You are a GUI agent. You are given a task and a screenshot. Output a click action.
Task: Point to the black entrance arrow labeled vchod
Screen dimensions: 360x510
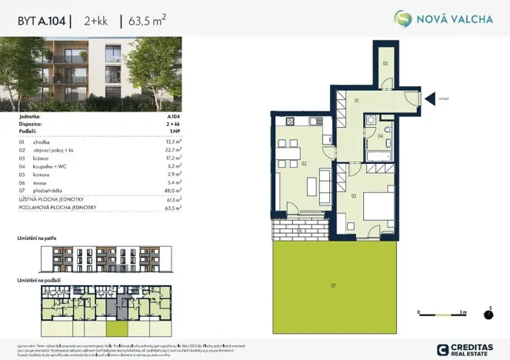[x=428, y=98]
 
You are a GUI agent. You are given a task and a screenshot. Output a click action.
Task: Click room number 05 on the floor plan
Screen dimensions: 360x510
[x=385, y=63]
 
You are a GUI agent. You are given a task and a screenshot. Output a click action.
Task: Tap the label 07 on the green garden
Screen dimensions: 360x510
[x=334, y=285]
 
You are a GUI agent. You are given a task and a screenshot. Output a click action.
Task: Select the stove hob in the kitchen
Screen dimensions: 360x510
[x=290, y=122]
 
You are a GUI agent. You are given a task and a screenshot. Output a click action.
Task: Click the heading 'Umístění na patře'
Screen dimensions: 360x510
[x=38, y=239]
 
